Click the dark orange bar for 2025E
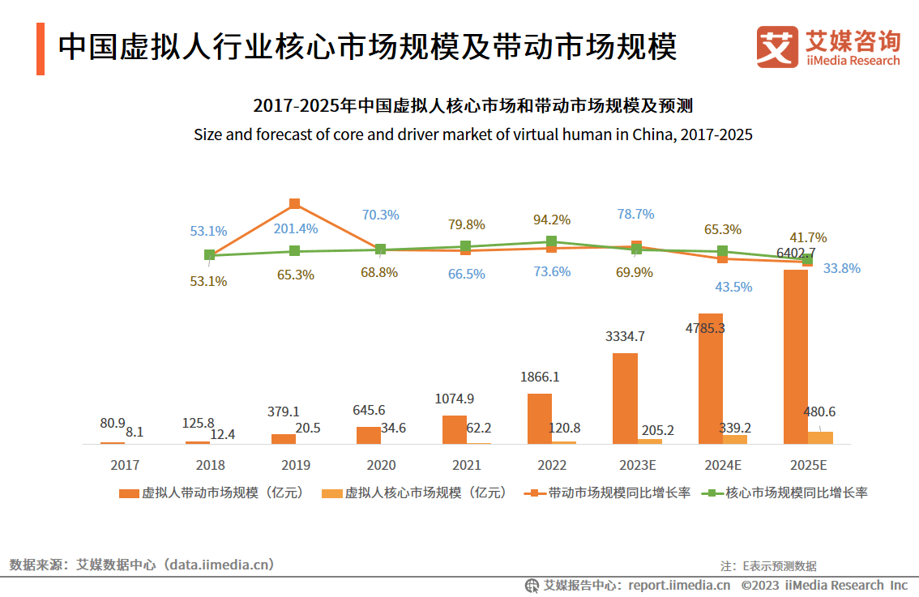(x=795, y=356)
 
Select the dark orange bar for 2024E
(x=710, y=378)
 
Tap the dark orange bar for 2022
(x=539, y=418)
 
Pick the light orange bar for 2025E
(x=820, y=437)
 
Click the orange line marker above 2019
(x=295, y=203)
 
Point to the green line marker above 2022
(x=551, y=241)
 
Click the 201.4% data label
(x=295, y=229)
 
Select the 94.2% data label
(x=551, y=220)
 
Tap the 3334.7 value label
(x=625, y=336)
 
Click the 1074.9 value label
(x=455, y=399)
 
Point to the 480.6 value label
(x=820, y=412)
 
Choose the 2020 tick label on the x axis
(x=381, y=466)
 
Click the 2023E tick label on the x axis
(x=637, y=466)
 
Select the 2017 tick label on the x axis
(x=125, y=466)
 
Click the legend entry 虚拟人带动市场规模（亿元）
(x=212, y=493)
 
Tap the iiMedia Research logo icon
(x=777, y=47)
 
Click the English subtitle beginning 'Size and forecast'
(x=472, y=134)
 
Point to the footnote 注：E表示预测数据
(x=768, y=566)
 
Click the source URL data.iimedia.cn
(x=220, y=565)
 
